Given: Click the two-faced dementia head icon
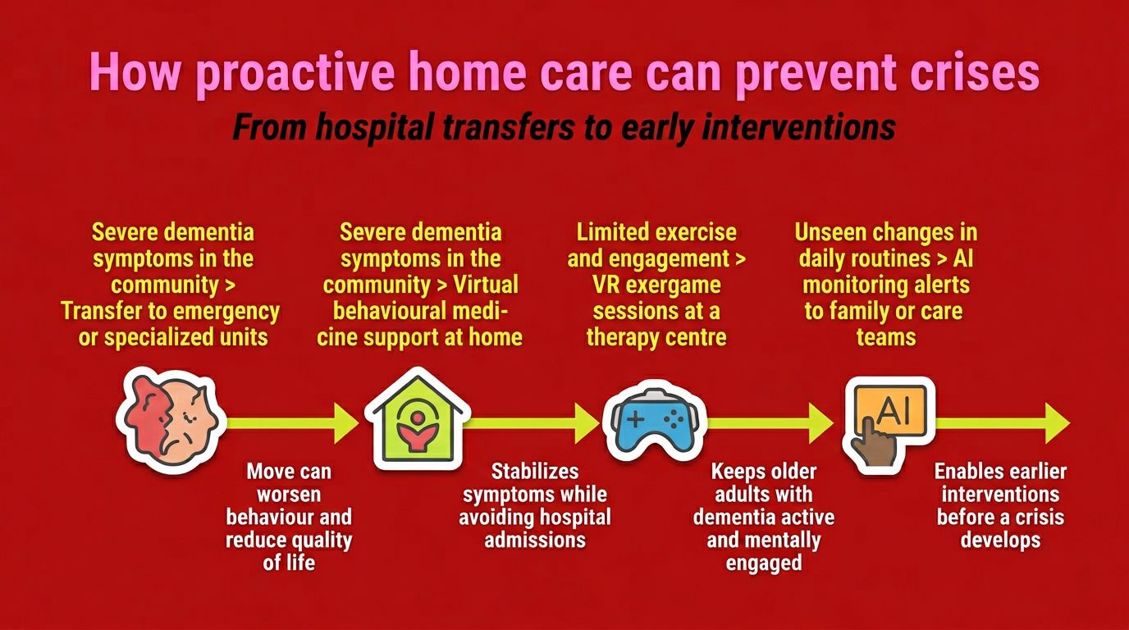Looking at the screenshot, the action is tap(171, 421).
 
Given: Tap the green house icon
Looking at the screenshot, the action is tap(418, 418).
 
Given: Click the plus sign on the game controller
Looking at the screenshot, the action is tap(635, 419).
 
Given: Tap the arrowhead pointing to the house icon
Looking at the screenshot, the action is tap(346, 422).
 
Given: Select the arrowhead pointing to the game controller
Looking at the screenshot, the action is tap(587, 422).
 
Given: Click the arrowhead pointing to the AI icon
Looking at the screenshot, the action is tap(821, 422).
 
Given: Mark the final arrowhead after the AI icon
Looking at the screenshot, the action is tap(1058, 422).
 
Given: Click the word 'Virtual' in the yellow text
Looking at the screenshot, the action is tap(486, 285).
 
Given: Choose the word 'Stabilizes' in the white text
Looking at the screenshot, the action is tap(535, 471).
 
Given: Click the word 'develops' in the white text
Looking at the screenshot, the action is tap(1000, 541).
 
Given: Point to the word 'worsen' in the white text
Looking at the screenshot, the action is tap(289, 495).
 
